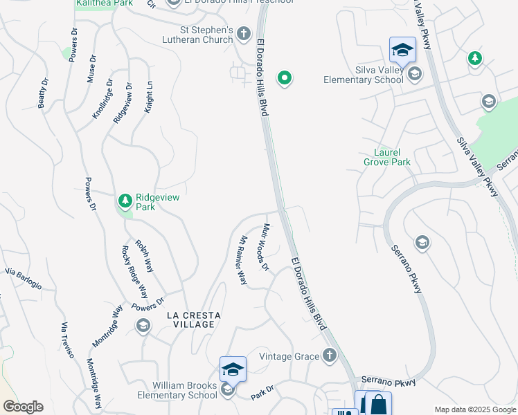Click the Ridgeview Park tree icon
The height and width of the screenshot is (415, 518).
pos(125,201)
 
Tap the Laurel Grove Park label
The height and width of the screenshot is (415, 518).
pos(387,157)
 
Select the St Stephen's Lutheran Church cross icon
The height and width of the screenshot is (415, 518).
pos(243,33)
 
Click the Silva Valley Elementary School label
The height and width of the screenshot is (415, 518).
pos(364,74)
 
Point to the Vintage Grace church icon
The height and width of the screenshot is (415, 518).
pos(330,356)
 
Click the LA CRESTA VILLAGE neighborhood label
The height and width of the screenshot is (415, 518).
pos(194,320)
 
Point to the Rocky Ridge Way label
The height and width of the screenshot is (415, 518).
pos(135,272)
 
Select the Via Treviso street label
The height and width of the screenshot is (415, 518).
pos(67,340)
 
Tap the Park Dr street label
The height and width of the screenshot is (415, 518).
pos(262,392)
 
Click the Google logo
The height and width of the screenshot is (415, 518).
pos(23,406)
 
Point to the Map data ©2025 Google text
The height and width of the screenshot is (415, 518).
pos(475,409)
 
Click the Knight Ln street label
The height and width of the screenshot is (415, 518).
pos(148,98)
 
